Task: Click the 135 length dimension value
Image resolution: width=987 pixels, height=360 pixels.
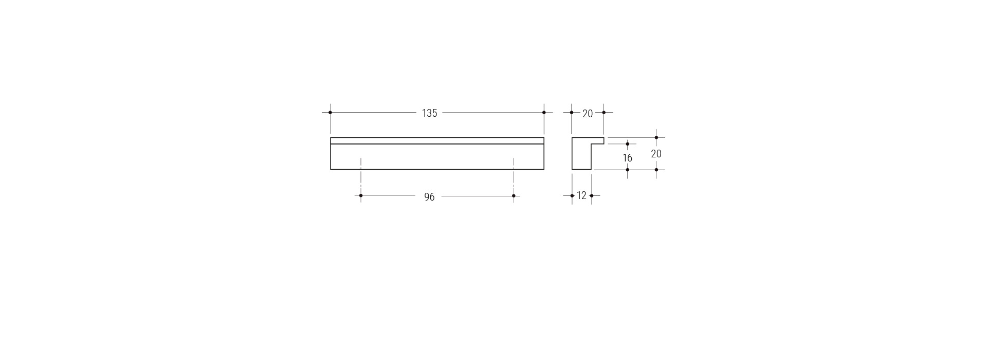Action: click(429, 113)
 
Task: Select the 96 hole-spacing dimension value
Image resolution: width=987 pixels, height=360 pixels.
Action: click(429, 197)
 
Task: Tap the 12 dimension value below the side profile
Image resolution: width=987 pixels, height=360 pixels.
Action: click(581, 195)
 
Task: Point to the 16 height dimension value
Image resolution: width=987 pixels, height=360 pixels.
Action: click(627, 158)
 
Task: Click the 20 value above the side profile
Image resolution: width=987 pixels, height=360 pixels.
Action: click(588, 114)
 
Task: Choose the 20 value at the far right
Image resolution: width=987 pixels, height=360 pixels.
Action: click(656, 154)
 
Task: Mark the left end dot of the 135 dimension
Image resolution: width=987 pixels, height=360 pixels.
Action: click(330, 112)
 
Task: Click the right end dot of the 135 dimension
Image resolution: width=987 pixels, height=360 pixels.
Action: click(544, 112)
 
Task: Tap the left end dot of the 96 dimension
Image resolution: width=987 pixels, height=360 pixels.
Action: click(361, 195)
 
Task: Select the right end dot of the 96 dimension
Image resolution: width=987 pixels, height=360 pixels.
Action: click(514, 195)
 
